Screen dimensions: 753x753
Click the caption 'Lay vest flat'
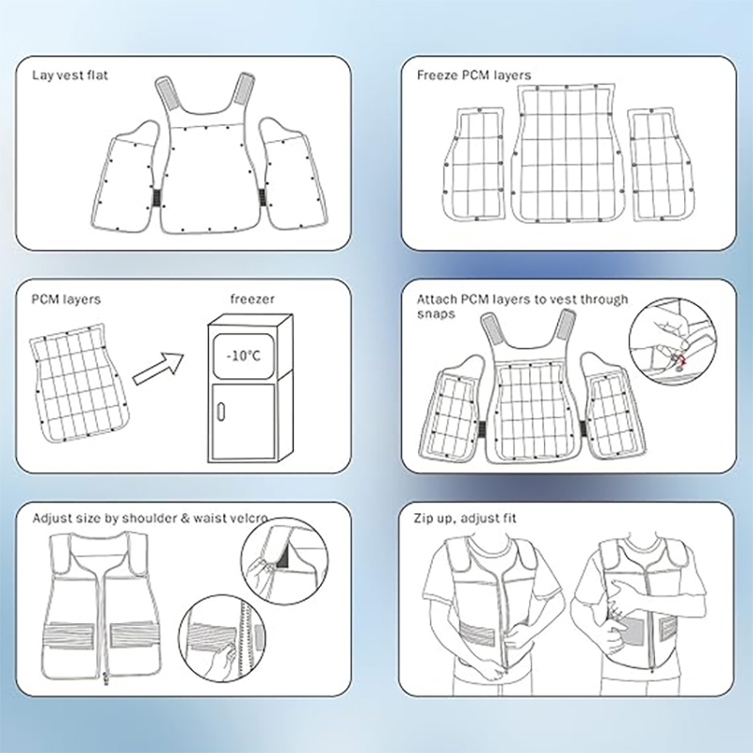[x=71, y=73]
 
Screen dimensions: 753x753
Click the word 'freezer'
[x=252, y=299]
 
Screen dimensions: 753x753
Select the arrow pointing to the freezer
[x=160, y=367]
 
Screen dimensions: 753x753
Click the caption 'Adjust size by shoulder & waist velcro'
[x=149, y=518]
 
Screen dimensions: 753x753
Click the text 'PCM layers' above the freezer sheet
[x=67, y=299]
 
